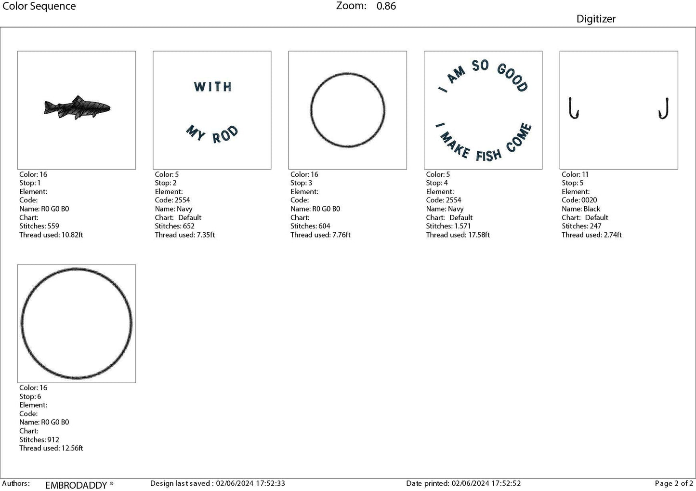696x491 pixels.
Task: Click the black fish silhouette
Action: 77,107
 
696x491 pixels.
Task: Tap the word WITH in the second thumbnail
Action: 212,87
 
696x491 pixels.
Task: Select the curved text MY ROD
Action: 212,134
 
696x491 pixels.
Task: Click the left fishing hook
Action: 573,108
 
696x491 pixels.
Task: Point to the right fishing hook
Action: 664,108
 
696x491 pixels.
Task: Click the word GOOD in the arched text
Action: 512,77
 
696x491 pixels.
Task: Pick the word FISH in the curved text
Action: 488,155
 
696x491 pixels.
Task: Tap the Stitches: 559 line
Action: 39,226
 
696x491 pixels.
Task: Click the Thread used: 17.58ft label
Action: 458,235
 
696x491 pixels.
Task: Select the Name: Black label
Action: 580,209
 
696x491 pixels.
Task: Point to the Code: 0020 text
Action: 579,200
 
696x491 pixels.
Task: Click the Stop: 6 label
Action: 30,397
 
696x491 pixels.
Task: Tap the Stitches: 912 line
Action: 39,439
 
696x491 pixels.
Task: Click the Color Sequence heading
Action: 39,6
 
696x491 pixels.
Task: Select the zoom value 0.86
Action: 386,6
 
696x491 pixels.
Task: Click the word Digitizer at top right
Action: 596,19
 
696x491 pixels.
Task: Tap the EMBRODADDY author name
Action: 76,485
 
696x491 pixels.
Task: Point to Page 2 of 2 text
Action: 674,483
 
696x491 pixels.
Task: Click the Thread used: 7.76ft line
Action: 320,235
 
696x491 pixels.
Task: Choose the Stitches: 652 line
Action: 174,226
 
